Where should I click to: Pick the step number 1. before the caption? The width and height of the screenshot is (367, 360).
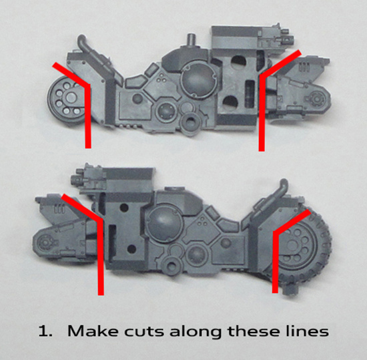[x=45, y=331]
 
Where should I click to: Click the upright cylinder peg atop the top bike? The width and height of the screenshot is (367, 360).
[x=192, y=40]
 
